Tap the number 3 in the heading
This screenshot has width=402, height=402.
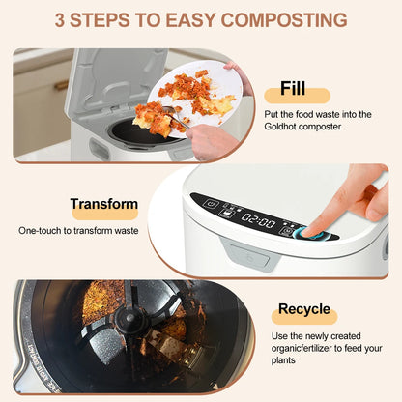(62, 19)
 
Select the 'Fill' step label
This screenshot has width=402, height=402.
(293, 89)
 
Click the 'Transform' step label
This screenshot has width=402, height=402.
(103, 205)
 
